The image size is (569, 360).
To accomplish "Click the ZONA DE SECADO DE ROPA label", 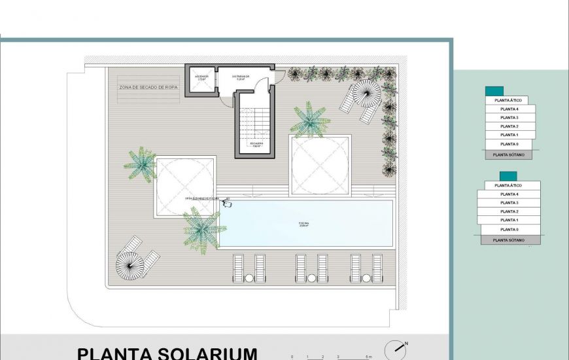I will pyautogui.click(x=148, y=86).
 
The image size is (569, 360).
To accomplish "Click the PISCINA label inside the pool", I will pyautogui.click(x=304, y=224).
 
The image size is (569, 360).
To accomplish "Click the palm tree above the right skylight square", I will pyautogui.click(x=309, y=120).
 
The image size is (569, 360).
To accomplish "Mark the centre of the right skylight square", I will pyautogui.click(x=320, y=165).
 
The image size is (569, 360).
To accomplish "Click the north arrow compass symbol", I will pyautogui.click(x=394, y=350).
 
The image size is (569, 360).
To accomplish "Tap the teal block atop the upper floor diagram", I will pyautogui.click(x=494, y=92).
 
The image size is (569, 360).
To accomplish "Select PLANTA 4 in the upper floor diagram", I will pyautogui.click(x=509, y=109).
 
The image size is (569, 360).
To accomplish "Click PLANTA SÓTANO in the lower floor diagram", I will pyautogui.click(x=509, y=240).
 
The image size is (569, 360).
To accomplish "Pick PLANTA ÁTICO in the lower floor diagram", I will pyautogui.click(x=509, y=186).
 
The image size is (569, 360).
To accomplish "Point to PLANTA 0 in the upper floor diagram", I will pyautogui.click(x=509, y=144).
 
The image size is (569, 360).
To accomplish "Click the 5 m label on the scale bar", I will pyautogui.click(x=370, y=357).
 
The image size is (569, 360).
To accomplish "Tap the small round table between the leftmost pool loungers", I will pyautogui.click(x=249, y=278).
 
